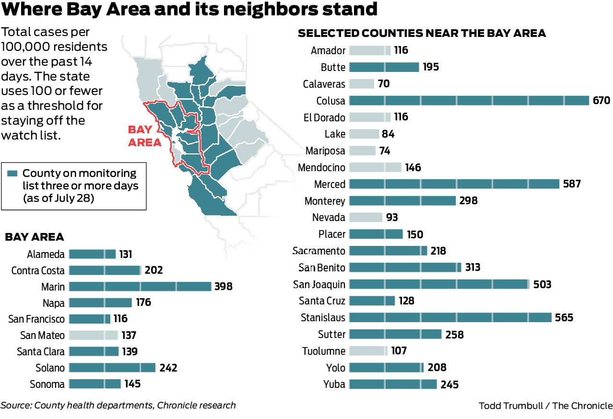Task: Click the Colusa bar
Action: tap(469, 100)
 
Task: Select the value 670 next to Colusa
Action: tap(601, 100)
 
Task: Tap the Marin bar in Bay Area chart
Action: tap(140, 287)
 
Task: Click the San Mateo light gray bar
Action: tap(93, 335)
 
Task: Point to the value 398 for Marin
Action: tap(223, 287)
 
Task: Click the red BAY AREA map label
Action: tap(140, 136)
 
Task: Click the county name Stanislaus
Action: tap(322, 317)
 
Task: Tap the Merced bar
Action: tap(454, 184)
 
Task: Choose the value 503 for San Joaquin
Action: tap(542, 284)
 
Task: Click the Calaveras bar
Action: tap(361, 84)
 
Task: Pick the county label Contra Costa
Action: tap(38, 271)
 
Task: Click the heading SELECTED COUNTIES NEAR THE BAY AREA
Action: tap(422, 33)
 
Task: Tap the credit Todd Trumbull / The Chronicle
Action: tap(545, 406)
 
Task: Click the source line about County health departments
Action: tap(118, 406)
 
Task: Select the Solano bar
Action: tap(112, 368)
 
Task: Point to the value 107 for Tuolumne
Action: tap(399, 351)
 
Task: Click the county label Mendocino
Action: tap(321, 168)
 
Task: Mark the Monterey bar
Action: tap(402, 201)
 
